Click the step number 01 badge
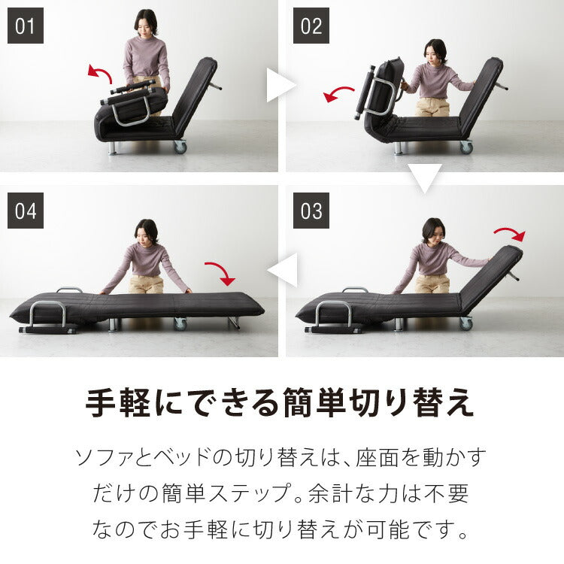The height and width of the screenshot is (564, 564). click(26, 26)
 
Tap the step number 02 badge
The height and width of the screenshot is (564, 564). click(311, 26)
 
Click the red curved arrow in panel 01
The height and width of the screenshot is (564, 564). click(100, 73)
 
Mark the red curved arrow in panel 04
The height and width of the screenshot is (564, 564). click(220, 273)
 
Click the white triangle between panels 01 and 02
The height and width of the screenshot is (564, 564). click(280, 87)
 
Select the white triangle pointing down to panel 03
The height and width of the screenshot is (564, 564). click(425, 178)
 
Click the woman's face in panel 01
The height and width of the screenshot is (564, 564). click(146, 24)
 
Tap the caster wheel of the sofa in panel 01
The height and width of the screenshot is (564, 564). click(180, 147)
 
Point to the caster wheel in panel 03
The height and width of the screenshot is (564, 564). click(466, 323)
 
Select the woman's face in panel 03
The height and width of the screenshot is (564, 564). click(432, 231)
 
